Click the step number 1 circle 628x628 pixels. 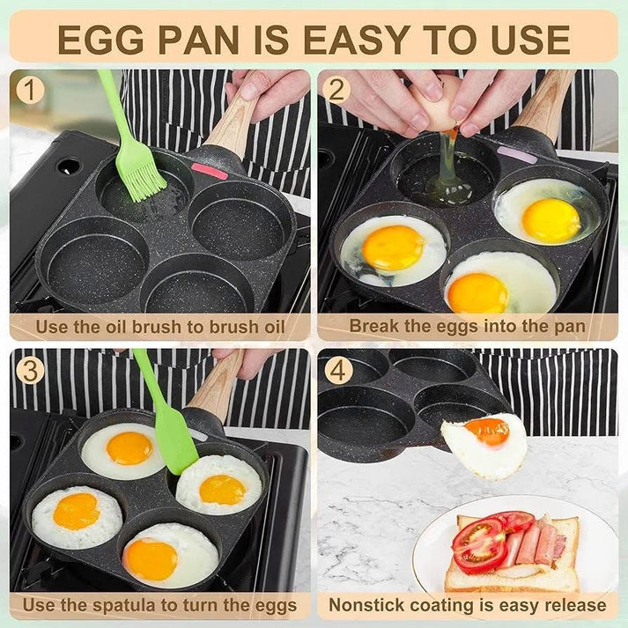point(31,90)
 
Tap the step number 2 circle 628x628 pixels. point(337,90)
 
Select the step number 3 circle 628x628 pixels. point(31,371)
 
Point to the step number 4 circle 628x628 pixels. point(337,371)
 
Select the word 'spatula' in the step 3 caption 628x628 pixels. point(118,605)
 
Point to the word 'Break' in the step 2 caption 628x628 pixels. point(373,326)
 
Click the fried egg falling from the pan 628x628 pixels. point(484,443)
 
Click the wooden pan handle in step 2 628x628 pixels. point(546,106)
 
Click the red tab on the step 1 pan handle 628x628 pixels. point(210,171)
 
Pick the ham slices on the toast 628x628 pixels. point(534,542)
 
